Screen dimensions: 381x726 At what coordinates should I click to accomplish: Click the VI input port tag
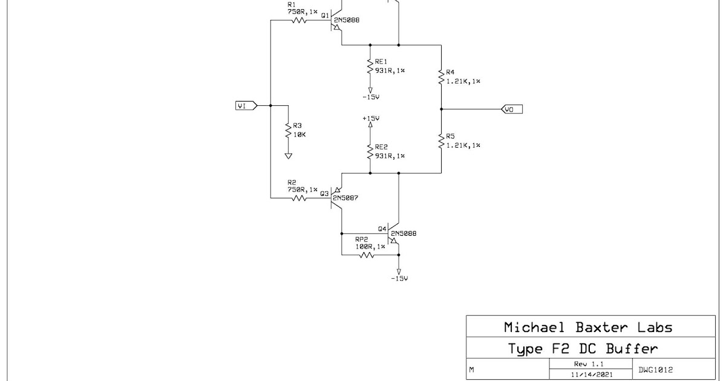(x=246, y=106)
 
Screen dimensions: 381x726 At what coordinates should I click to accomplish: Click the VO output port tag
(x=511, y=109)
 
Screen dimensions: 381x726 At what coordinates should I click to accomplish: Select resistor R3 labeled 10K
(x=288, y=130)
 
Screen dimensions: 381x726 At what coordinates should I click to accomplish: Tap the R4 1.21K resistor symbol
(x=441, y=76)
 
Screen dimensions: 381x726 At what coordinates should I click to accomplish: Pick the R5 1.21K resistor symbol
(x=441, y=141)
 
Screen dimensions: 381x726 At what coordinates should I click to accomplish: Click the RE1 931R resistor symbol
(x=370, y=66)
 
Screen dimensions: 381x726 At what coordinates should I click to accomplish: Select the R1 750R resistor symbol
(x=299, y=20)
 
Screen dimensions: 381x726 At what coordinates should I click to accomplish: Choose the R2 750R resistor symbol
(x=299, y=197)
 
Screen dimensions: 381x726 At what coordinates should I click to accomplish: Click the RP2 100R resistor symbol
(x=366, y=255)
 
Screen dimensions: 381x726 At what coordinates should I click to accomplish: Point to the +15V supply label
(x=370, y=119)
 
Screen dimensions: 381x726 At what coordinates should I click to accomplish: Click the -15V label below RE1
(x=370, y=97)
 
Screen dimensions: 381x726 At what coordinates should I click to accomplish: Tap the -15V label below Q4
(x=399, y=278)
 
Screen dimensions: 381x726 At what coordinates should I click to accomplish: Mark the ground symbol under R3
(x=288, y=155)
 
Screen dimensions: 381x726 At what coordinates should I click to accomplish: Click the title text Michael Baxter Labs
(x=587, y=328)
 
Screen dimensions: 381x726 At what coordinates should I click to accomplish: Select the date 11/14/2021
(x=590, y=375)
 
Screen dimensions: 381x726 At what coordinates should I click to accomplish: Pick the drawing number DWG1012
(x=656, y=370)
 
